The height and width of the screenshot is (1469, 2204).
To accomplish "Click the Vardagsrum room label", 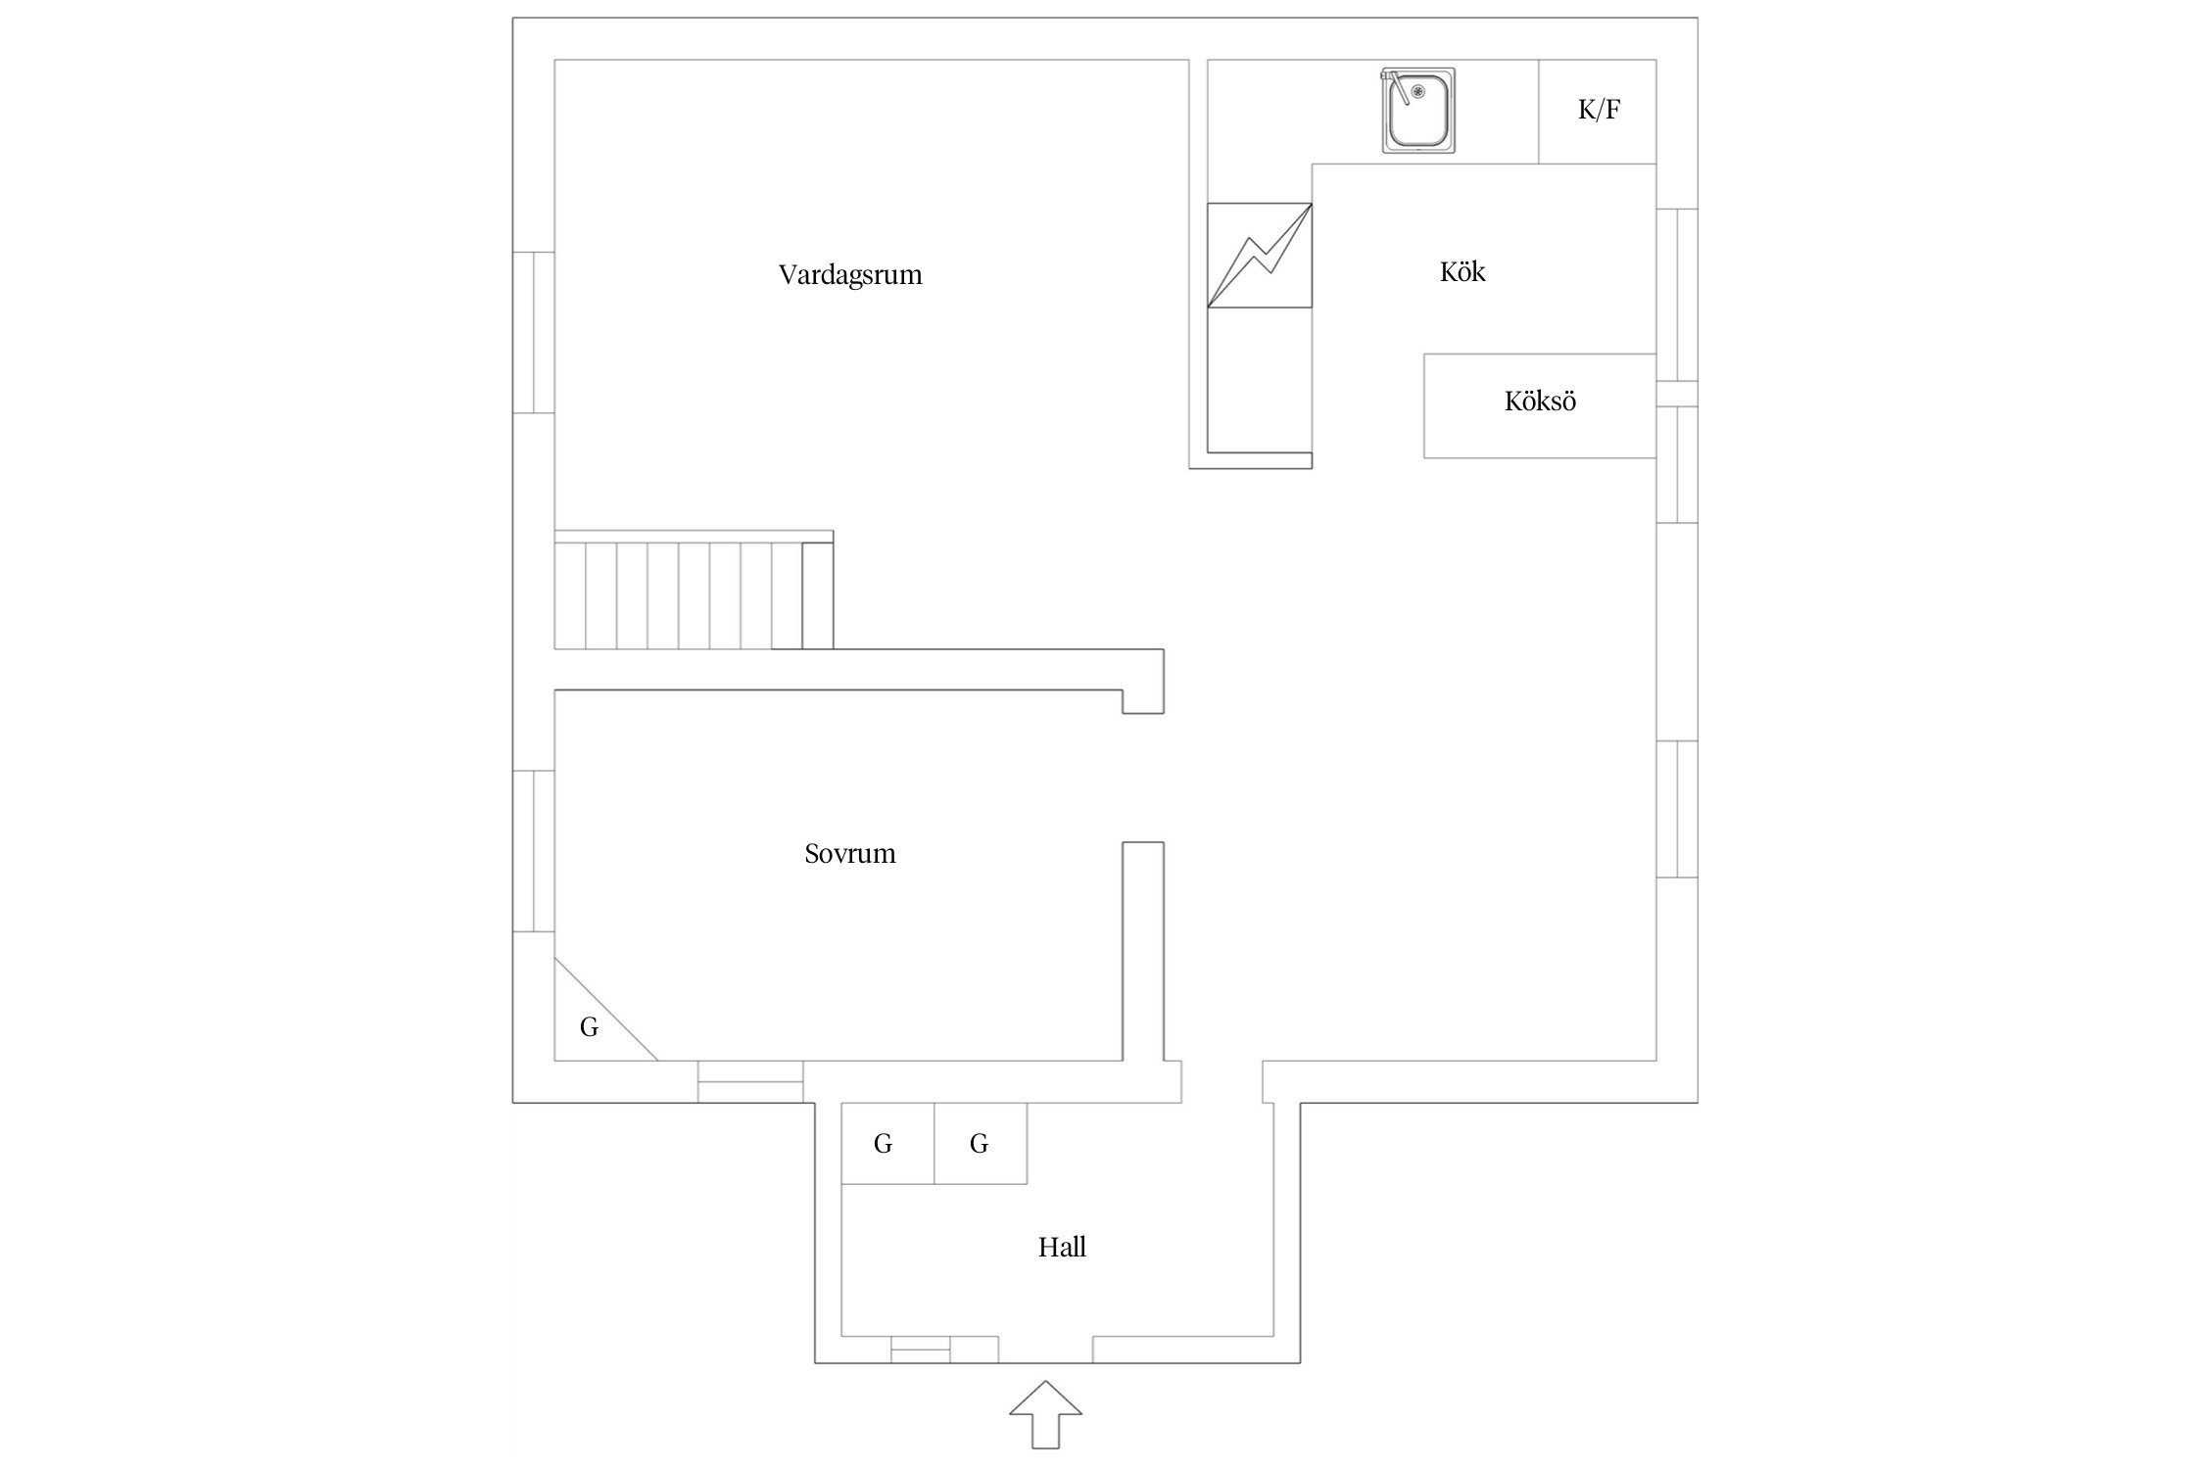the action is click(x=850, y=275).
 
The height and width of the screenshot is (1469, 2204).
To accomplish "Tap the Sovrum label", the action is click(x=850, y=854).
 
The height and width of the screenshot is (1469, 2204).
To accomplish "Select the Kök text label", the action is click(x=1462, y=271).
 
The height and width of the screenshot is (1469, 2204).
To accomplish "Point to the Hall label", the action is click(x=1062, y=1247).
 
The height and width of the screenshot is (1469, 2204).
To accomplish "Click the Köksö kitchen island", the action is click(x=1540, y=405).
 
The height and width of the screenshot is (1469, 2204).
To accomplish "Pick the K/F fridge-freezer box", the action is click(x=1598, y=112).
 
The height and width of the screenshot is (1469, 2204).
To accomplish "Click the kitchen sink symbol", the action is click(x=1418, y=111).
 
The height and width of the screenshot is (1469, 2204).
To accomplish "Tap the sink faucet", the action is click(x=1396, y=85).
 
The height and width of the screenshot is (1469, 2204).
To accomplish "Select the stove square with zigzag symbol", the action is click(x=1260, y=255).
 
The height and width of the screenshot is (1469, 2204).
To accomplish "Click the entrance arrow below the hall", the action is click(x=1046, y=1414).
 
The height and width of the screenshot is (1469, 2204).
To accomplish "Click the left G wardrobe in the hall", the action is click(x=888, y=1143).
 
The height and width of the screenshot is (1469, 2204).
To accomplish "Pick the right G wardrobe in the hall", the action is click(x=981, y=1143).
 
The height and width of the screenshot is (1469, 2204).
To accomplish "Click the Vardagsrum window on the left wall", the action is click(x=534, y=332).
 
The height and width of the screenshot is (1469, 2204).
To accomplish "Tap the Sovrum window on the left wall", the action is click(x=534, y=851).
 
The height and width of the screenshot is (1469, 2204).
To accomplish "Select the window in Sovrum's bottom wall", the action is click(x=750, y=1081).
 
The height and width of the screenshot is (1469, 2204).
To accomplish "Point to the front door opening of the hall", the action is click(x=1045, y=1350).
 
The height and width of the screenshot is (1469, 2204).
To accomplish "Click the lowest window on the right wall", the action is click(x=1677, y=809).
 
